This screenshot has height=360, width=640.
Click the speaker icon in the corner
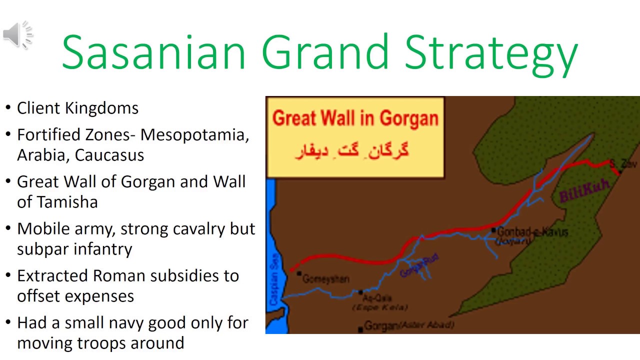(17, 35)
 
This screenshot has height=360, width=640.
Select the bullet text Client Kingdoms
(77, 108)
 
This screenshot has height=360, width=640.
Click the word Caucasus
(109, 155)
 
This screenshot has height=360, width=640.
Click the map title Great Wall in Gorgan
(355, 118)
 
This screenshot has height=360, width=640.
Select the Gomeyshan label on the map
(326, 279)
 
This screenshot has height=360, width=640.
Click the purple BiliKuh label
(583, 190)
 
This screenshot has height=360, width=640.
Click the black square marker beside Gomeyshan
(299, 273)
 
